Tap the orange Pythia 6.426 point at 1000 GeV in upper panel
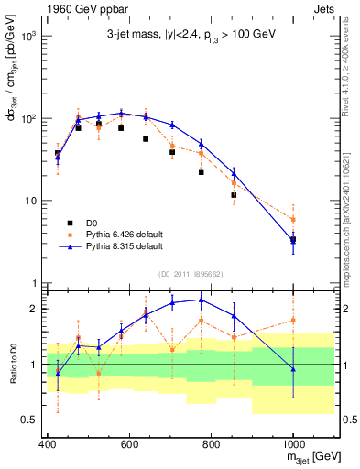coord(293,220)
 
